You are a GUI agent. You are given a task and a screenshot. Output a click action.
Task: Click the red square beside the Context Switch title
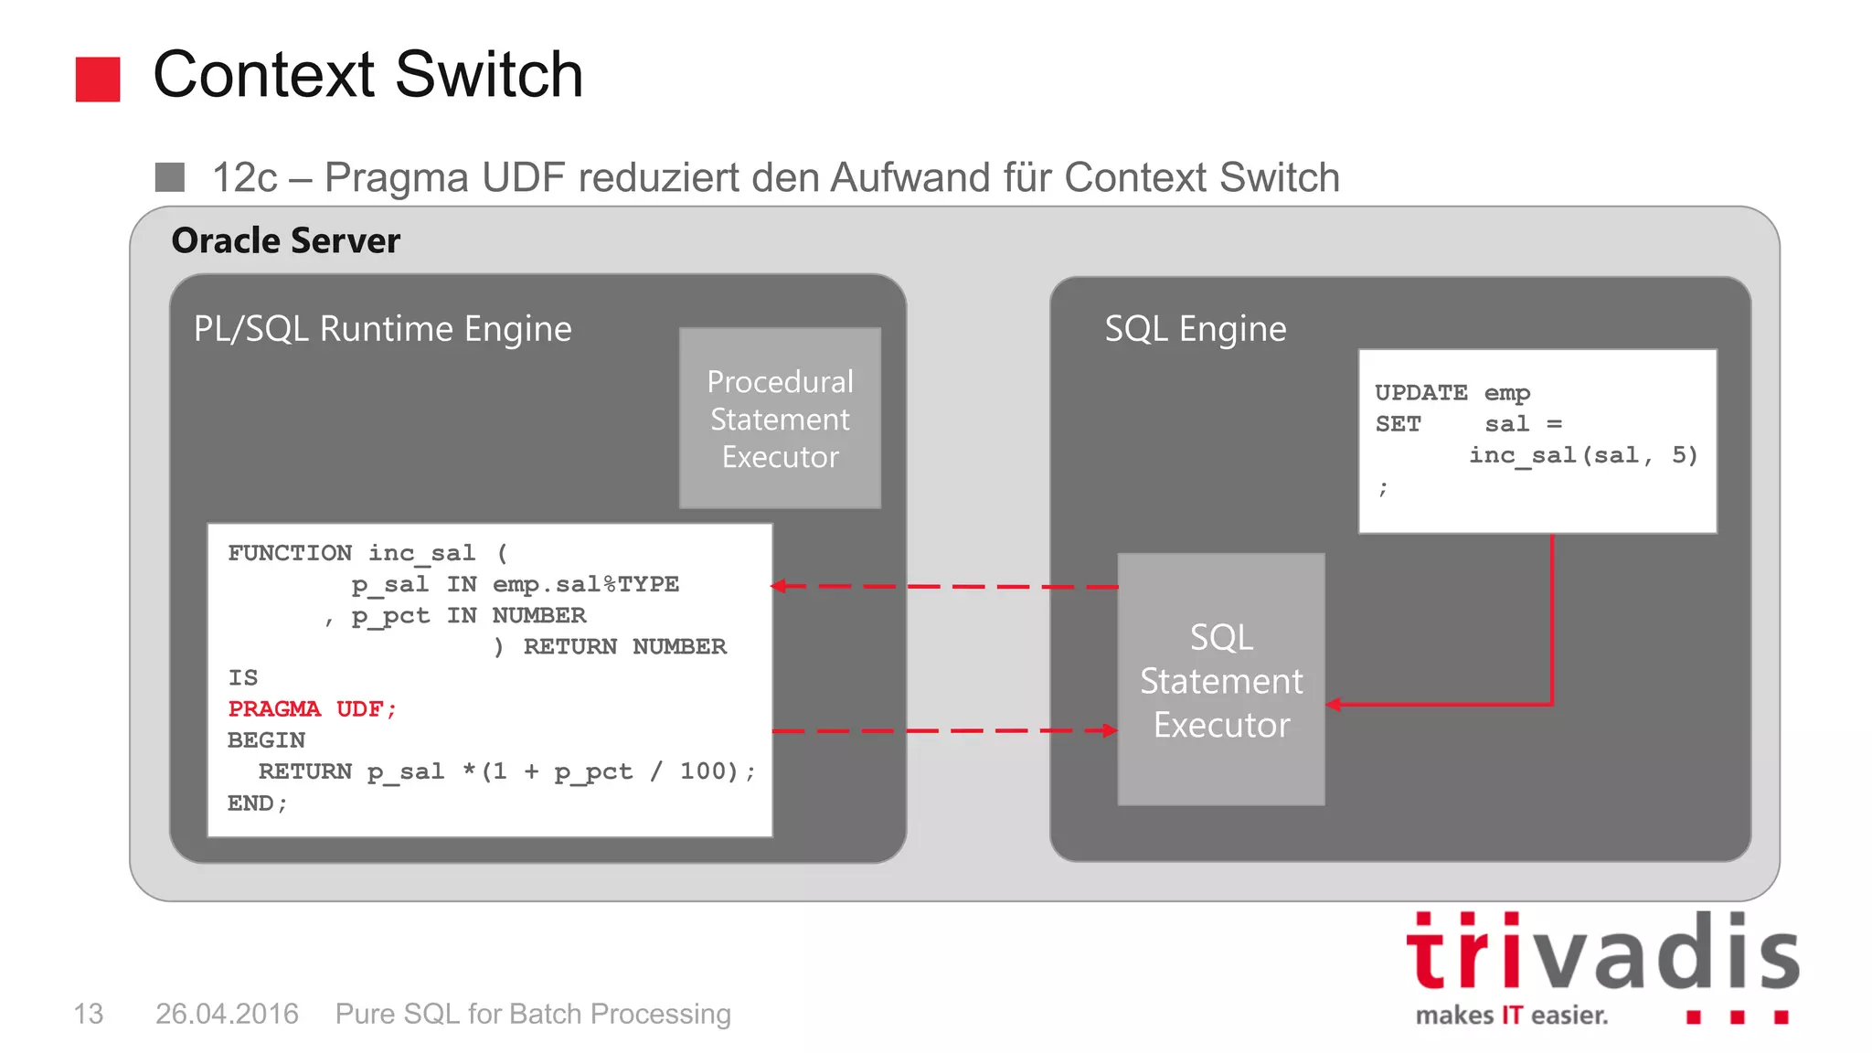coord(98,80)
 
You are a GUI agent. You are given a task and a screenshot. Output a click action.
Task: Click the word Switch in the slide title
coord(489,75)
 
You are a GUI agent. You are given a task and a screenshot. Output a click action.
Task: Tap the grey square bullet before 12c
coord(170,177)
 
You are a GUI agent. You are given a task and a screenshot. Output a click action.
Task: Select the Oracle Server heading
coord(285,241)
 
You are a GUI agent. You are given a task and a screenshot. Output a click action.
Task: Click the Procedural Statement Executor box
coord(780,419)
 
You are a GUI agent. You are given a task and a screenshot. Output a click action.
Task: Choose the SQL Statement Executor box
coord(1221,680)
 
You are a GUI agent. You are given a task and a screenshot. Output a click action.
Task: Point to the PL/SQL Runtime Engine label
coord(382,329)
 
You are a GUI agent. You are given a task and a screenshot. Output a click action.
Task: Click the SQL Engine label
coord(1195,329)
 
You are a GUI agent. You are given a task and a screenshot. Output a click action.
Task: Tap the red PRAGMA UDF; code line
coord(312,709)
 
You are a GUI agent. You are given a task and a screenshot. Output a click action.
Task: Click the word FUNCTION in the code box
coord(290,553)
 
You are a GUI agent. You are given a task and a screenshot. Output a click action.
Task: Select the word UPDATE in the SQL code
coord(1420,393)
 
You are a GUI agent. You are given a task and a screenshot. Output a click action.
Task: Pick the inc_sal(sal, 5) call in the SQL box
coord(1583,455)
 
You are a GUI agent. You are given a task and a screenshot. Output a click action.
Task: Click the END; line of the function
coord(257,803)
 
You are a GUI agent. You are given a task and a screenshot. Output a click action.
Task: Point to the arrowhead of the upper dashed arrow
coord(779,586)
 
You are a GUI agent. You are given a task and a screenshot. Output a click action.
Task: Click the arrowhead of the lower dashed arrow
coord(1110,730)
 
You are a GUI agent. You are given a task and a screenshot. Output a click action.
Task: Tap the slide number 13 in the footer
coord(89,1014)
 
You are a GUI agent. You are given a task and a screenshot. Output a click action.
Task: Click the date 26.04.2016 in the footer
coord(227,1014)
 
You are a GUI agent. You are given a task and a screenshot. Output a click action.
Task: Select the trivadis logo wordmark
coord(1602,953)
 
